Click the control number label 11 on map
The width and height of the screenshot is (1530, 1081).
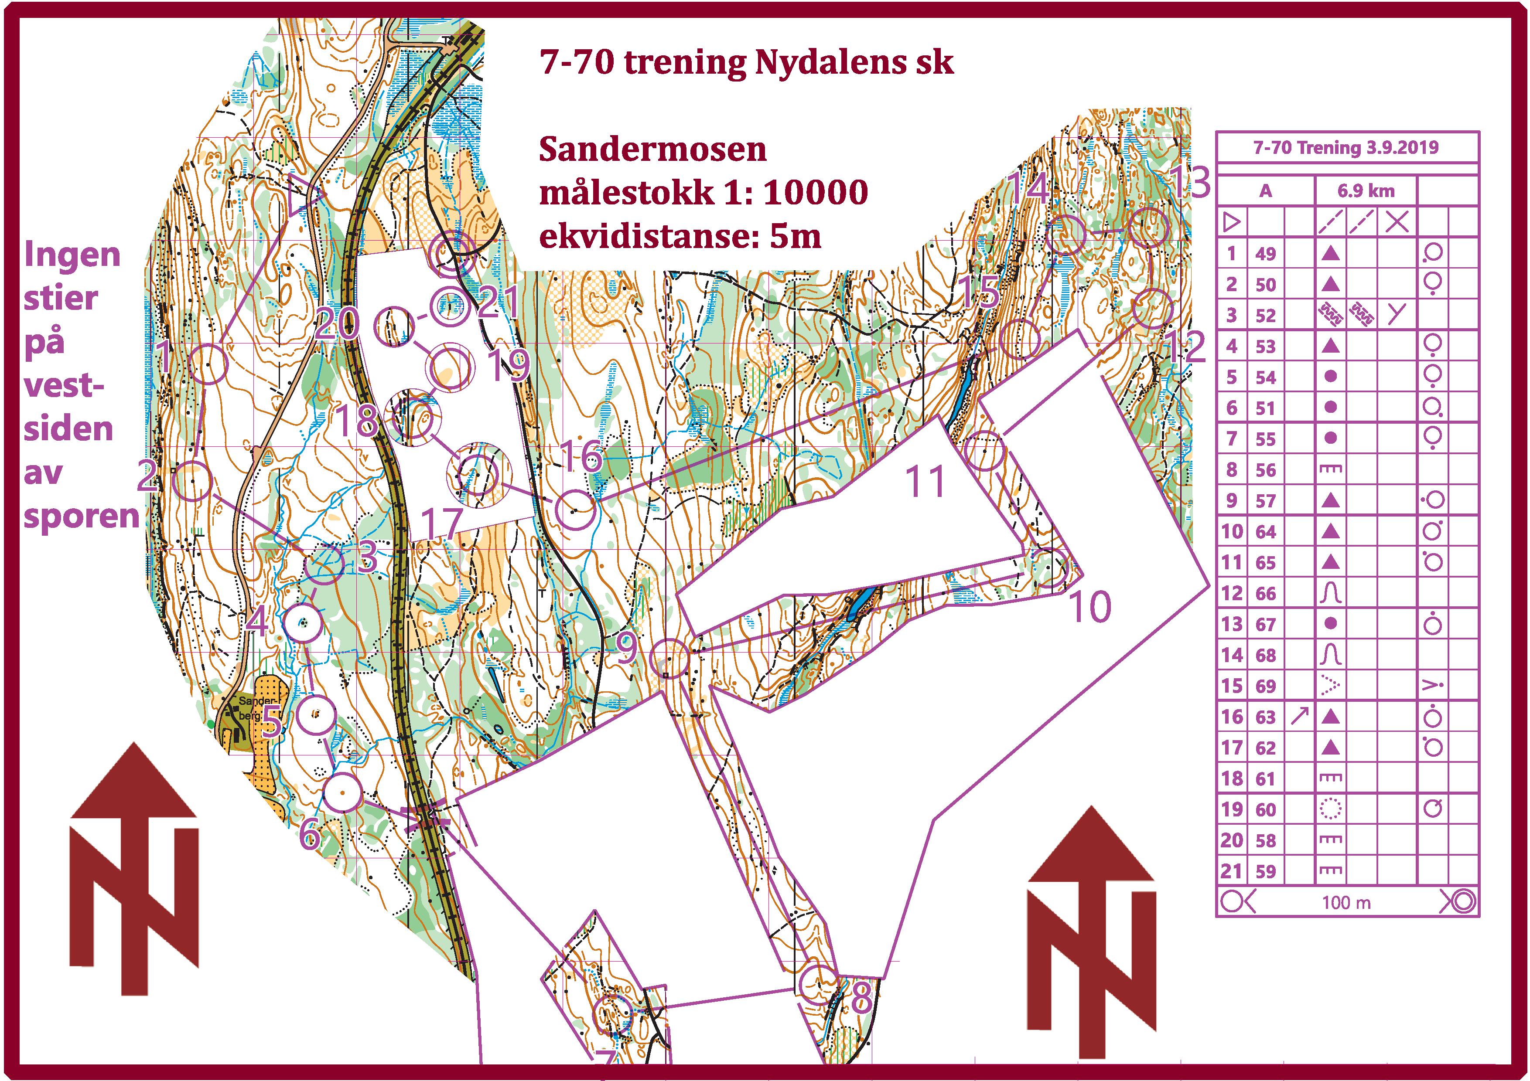tap(926, 482)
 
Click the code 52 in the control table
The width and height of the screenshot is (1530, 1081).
tap(1265, 315)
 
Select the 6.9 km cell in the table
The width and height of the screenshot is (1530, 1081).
tap(1366, 191)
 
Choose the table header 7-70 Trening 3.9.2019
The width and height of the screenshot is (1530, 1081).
tap(1346, 147)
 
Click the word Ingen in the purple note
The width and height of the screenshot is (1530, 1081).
tap(72, 255)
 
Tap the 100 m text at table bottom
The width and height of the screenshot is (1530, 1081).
tap(1346, 902)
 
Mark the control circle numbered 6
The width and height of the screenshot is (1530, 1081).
tap(342, 792)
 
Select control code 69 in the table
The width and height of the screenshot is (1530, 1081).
tap(1265, 686)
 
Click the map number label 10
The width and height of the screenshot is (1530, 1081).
tap(1090, 607)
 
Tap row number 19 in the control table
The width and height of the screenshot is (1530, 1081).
tap(1232, 809)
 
